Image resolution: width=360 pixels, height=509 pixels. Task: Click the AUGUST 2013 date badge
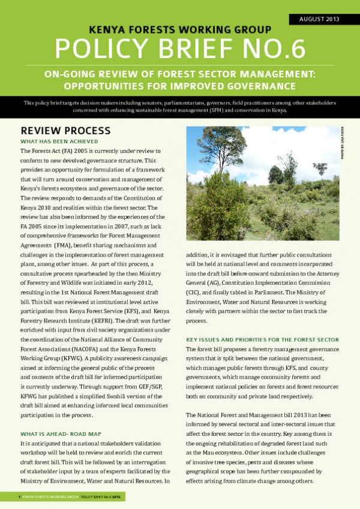319,19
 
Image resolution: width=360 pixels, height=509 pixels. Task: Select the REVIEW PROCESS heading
65,131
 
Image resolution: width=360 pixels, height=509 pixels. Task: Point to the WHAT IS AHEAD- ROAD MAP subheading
61,433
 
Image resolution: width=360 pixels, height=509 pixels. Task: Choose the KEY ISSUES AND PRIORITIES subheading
263,340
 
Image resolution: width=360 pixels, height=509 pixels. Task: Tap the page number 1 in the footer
20,497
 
